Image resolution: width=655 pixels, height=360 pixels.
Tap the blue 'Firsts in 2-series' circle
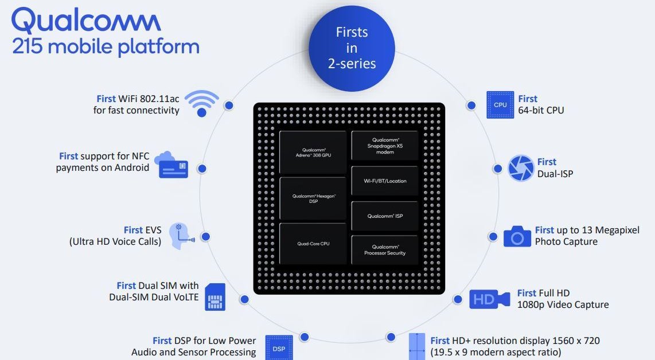point(352,48)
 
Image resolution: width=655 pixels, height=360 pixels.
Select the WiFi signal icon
point(201,103)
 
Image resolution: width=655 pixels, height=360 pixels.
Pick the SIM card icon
point(215,297)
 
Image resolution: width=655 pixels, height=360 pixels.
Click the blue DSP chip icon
point(279,347)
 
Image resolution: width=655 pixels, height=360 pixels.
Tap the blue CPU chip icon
point(500,104)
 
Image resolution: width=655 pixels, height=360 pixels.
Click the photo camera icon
point(517,236)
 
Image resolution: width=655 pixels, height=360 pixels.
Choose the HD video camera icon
point(489,299)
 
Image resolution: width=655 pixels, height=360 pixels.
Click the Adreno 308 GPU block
point(313,152)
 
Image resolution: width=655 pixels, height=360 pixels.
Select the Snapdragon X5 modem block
point(385,146)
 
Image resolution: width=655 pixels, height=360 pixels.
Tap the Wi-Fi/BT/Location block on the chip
point(385,181)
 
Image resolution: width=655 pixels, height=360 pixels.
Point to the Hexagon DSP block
point(313,198)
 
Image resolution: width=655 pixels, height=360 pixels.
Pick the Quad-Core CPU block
point(313,244)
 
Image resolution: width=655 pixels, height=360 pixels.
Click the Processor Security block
point(385,249)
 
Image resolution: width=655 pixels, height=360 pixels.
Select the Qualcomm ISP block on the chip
point(385,216)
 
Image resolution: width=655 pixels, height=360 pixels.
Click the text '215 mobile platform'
point(106,46)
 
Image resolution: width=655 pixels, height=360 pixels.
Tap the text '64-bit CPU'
point(541,110)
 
